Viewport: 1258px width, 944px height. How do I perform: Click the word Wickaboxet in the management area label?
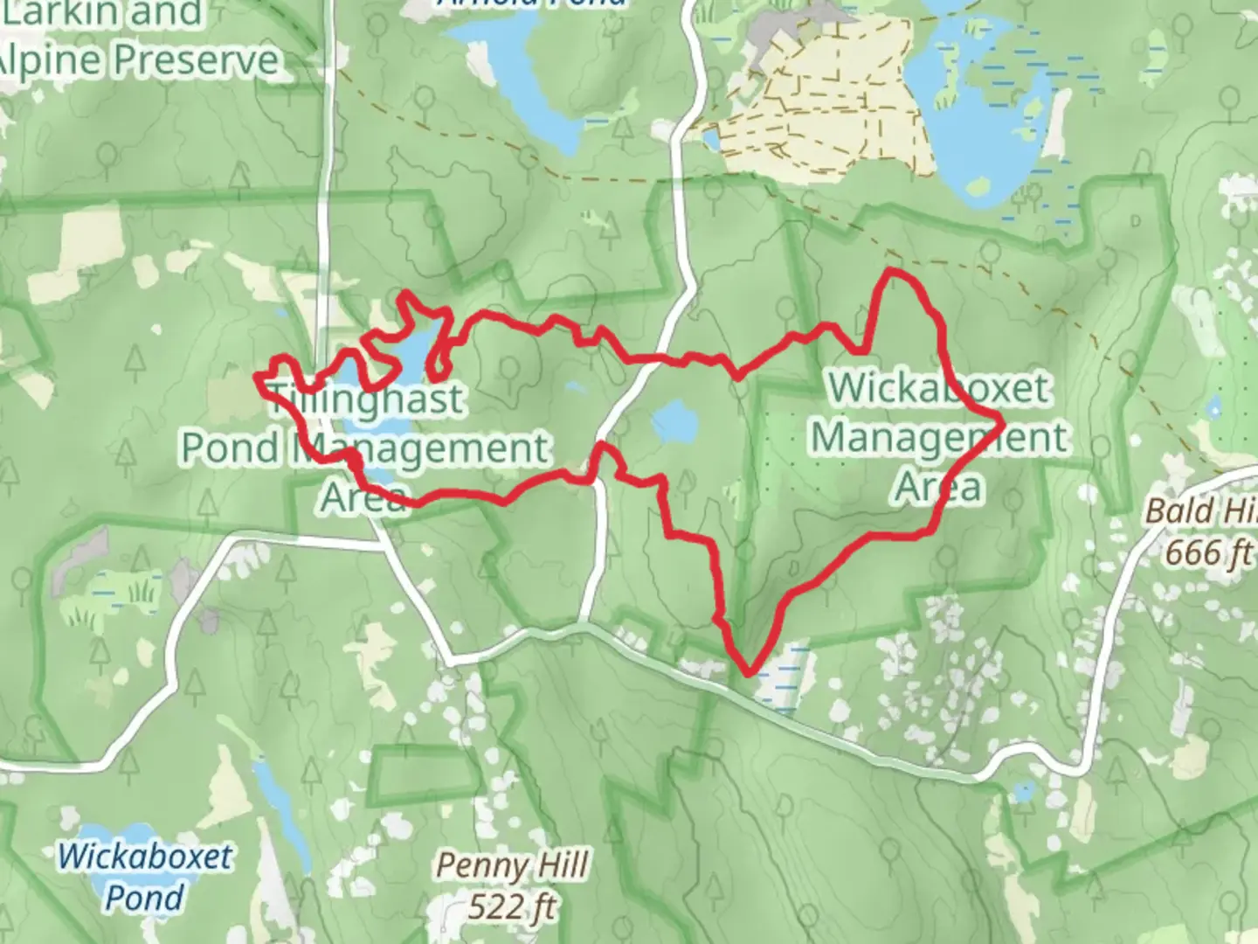point(938,387)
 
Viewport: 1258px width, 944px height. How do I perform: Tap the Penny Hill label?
point(511,865)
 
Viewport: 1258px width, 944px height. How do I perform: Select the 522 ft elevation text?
point(511,906)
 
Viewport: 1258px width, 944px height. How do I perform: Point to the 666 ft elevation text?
point(1209,552)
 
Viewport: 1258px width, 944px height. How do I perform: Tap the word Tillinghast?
point(367,400)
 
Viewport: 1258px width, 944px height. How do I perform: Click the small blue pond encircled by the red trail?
point(673,420)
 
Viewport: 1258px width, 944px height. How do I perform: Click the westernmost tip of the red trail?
point(256,377)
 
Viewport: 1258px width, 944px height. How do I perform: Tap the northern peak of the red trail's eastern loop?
point(894,273)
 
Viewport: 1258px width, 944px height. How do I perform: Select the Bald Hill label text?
point(1201,510)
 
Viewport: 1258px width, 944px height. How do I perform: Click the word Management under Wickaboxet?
point(940,437)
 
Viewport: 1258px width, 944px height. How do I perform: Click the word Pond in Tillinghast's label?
point(228,448)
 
